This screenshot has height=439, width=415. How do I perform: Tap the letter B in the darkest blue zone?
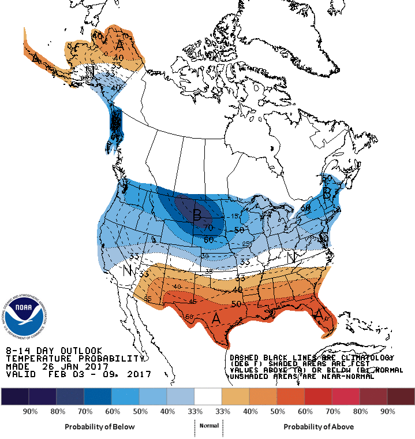click(x=197, y=217)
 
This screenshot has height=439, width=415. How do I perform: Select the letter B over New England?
click(x=327, y=194)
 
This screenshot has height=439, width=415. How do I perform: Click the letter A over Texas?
click(x=216, y=318)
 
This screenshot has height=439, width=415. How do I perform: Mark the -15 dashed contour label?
click(x=233, y=216)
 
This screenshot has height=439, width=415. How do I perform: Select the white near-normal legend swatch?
click(x=208, y=396)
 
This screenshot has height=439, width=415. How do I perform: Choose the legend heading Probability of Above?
click(x=319, y=426)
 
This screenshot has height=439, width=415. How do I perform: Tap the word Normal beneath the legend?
click(x=209, y=426)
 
